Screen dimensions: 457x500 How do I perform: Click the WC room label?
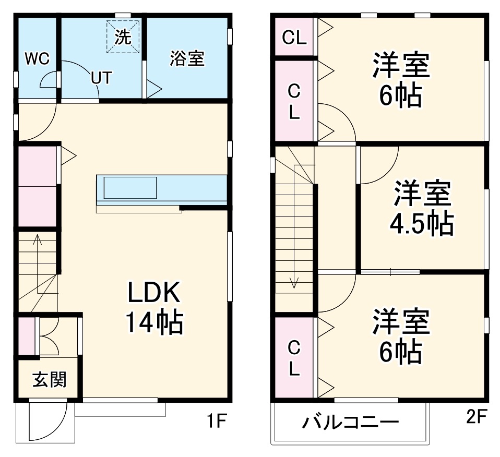pyautogui.click(x=37, y=59)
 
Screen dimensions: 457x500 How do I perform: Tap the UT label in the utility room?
pyautogui.click(x=101, y=78)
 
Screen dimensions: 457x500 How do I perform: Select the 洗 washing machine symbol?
pyautogui.click(x=123, y=37)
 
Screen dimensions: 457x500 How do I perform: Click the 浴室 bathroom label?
pyautogui.click(x=186, y=59)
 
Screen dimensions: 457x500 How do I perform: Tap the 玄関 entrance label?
pyautogui.click(x=49, y=380)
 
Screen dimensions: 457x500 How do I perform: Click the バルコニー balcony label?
pyautogui.click(x=350, y=422)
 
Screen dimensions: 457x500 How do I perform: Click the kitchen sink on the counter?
pyautogui.click(x=130, y=187)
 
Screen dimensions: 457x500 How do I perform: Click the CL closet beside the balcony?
pyautogui.click(x=294, y=358)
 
